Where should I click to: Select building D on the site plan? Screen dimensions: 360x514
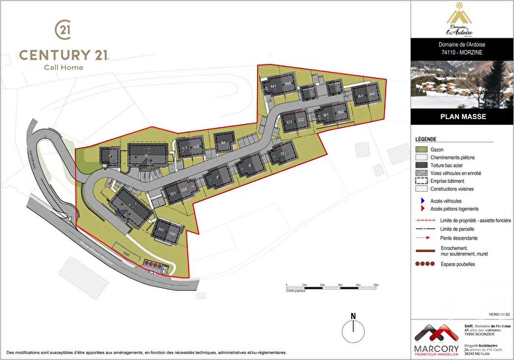[280, 154]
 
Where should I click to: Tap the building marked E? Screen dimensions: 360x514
[250, 167]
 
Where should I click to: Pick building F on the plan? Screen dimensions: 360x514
[217, 177]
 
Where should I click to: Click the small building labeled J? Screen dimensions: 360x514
[110, 156]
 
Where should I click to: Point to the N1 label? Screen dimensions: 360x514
[272, 86]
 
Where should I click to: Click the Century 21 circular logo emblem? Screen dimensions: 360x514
[63, 29]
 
